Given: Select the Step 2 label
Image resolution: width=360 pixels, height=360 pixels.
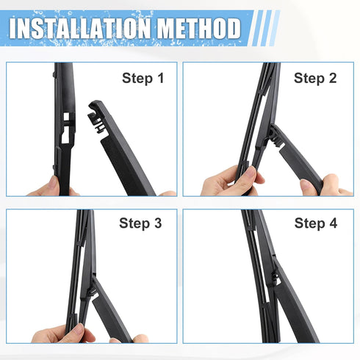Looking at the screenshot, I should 315,78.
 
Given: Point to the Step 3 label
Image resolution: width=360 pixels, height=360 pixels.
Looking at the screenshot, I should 140,223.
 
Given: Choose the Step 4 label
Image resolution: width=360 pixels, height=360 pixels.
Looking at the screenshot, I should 315,223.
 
